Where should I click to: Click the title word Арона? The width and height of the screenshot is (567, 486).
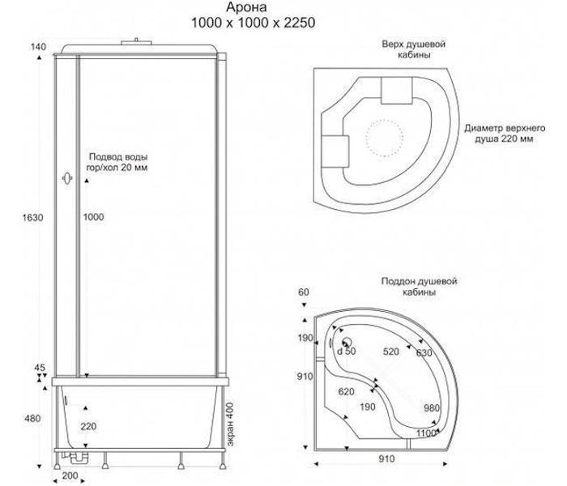coord(247,7)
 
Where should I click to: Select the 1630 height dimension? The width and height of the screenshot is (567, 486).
coord(32,217)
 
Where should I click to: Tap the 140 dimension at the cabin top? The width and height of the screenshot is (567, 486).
coord(38,47)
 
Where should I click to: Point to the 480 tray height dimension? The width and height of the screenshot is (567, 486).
coord(32,419)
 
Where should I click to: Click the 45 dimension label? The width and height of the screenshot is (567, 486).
coord(40,368)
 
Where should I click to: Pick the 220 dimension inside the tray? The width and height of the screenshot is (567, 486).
coord(88,426)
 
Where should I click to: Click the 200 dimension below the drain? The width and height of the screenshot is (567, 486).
coord(70,475)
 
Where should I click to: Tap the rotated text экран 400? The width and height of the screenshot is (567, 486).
coord(230,424)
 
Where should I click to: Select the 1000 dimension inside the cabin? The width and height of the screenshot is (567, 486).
coord(93,217)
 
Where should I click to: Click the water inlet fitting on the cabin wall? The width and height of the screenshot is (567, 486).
coord(67,178)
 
